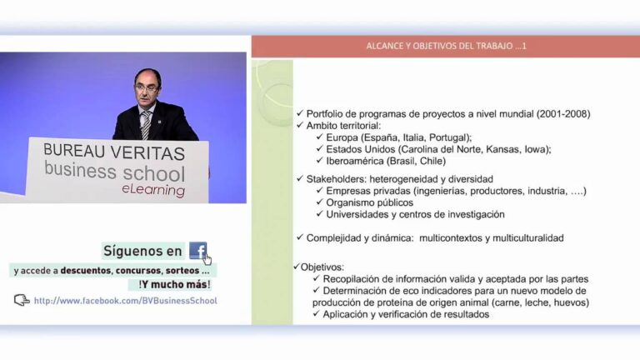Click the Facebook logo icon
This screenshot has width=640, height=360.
click(x=197, y=250)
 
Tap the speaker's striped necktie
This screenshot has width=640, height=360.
click(x=146, y=124)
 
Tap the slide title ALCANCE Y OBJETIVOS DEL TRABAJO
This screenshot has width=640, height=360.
click(x=446, y=46)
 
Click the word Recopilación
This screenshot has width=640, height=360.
click(x=359, y=278)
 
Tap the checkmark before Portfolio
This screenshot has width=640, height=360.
click(x=300, y=113)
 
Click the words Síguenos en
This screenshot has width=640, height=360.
click(x=142, y=250)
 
